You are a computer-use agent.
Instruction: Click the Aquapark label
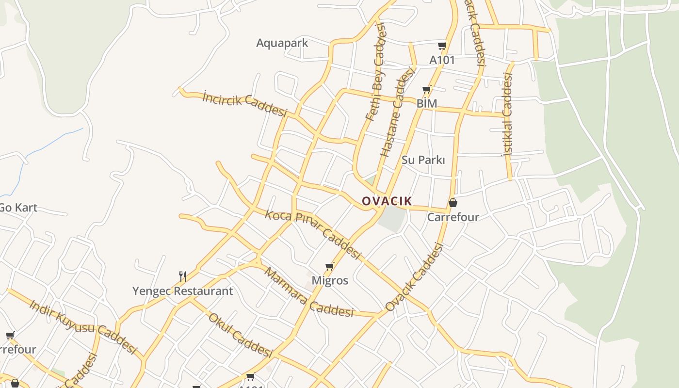(282, 43)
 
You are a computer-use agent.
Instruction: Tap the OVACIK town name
(387, 201)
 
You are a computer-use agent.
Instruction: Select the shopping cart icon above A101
(442, 46)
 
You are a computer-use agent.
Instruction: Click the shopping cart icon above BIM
(426, 90)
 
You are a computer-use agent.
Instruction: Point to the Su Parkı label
(423, 160)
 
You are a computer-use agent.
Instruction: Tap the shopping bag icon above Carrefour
(453, 203)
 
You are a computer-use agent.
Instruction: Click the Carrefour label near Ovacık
(453, 217)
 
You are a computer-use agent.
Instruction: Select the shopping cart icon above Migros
(330, 266)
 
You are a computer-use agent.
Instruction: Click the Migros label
(330, 280)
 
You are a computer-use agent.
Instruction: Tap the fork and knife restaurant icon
(183, 276)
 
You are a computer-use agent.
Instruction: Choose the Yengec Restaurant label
(183, 291)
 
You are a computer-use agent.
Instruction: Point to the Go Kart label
(18, 208)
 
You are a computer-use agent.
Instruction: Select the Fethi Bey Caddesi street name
(377, 71)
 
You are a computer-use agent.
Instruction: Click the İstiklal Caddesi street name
(507, 114)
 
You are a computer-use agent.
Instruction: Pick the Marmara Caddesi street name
(308, 292)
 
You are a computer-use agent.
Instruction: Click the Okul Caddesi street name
(241, 335)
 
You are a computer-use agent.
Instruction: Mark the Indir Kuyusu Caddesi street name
(83, 326)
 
